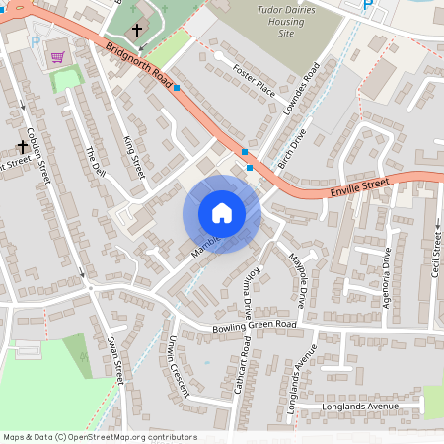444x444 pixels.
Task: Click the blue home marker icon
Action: [x=222, y=213]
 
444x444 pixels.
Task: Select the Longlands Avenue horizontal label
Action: [x=359, y=406]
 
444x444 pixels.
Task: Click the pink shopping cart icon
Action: [x=57, y=57]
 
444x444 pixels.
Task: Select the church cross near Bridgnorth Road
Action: [x=136, y=31]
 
